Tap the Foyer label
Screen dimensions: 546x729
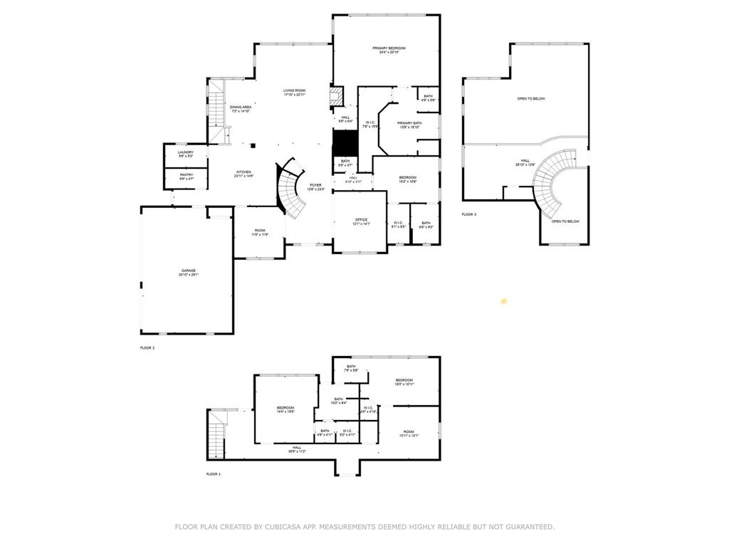click(x=315, y=187)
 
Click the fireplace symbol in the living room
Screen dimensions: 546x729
click(x=336, y=98)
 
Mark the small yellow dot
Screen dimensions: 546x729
click(x=504, y=301)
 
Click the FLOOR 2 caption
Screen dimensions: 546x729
click(x=147, y=348)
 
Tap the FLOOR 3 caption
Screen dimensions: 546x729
click(x=468, y=214)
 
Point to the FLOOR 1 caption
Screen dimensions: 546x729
click(x=214, y=474)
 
